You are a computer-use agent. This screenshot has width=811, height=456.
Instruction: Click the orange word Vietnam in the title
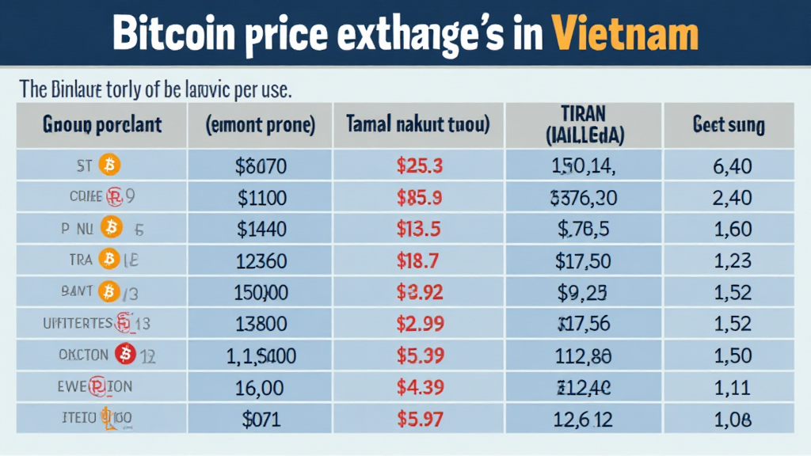click(x=626, y=35)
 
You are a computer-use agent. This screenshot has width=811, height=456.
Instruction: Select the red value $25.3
click(x=421, y=166)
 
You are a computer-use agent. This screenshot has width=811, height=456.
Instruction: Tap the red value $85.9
click(x=421, y=197)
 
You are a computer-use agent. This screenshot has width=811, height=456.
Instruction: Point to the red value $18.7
click(x=421, y=260)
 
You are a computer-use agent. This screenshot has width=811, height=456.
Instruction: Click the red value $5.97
click(x=421, y=418)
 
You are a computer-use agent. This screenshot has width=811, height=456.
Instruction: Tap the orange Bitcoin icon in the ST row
click(x=109, y=166)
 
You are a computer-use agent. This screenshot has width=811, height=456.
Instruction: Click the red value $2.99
click(x=421, y=324)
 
